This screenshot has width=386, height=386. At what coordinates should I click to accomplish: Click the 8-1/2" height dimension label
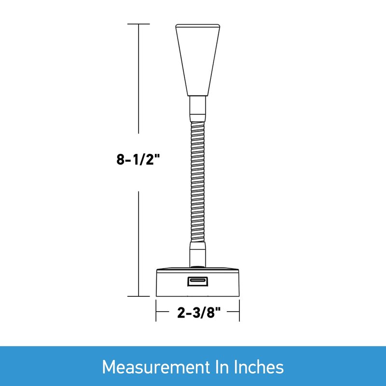tap(138, 160)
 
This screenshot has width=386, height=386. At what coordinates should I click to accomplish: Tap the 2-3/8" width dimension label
tap(199, 313)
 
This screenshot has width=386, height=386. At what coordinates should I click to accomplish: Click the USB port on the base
tap(198, 281)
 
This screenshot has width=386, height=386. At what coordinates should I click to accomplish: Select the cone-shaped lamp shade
tap(198, 60)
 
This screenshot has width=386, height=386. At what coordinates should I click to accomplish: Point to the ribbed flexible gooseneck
tap(198, 181)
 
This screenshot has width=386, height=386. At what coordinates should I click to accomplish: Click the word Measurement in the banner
tap(155, 367)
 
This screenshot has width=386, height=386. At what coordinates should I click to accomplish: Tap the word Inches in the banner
tap(259, 367)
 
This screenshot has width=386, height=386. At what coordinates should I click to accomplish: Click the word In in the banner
tap(222, 367)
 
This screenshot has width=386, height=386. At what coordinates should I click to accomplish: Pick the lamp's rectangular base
tap(198, 282)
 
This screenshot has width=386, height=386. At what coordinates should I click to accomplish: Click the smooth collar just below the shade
tap(198, 109)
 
